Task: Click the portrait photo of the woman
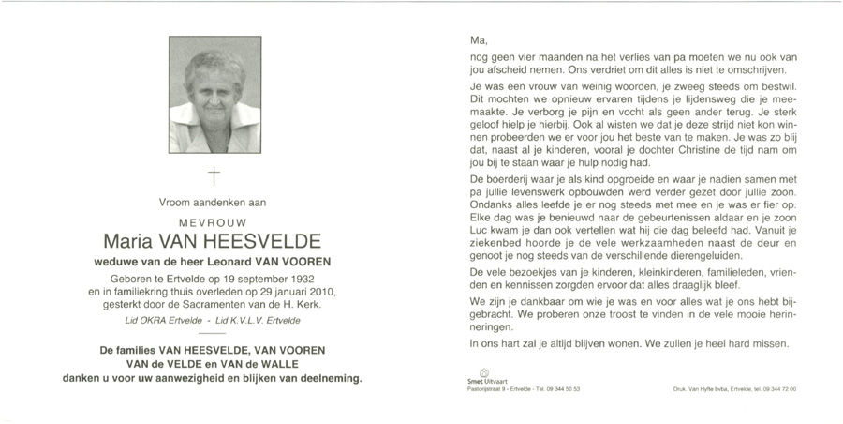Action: pyautogui.click(x=214, y=95)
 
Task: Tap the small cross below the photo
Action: pyautogui.click(x=214, y=175)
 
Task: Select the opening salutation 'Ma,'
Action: pyautogui.click(x=479, y=40)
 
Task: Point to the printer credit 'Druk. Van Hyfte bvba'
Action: pyautogui.click(x=706, y=388)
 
